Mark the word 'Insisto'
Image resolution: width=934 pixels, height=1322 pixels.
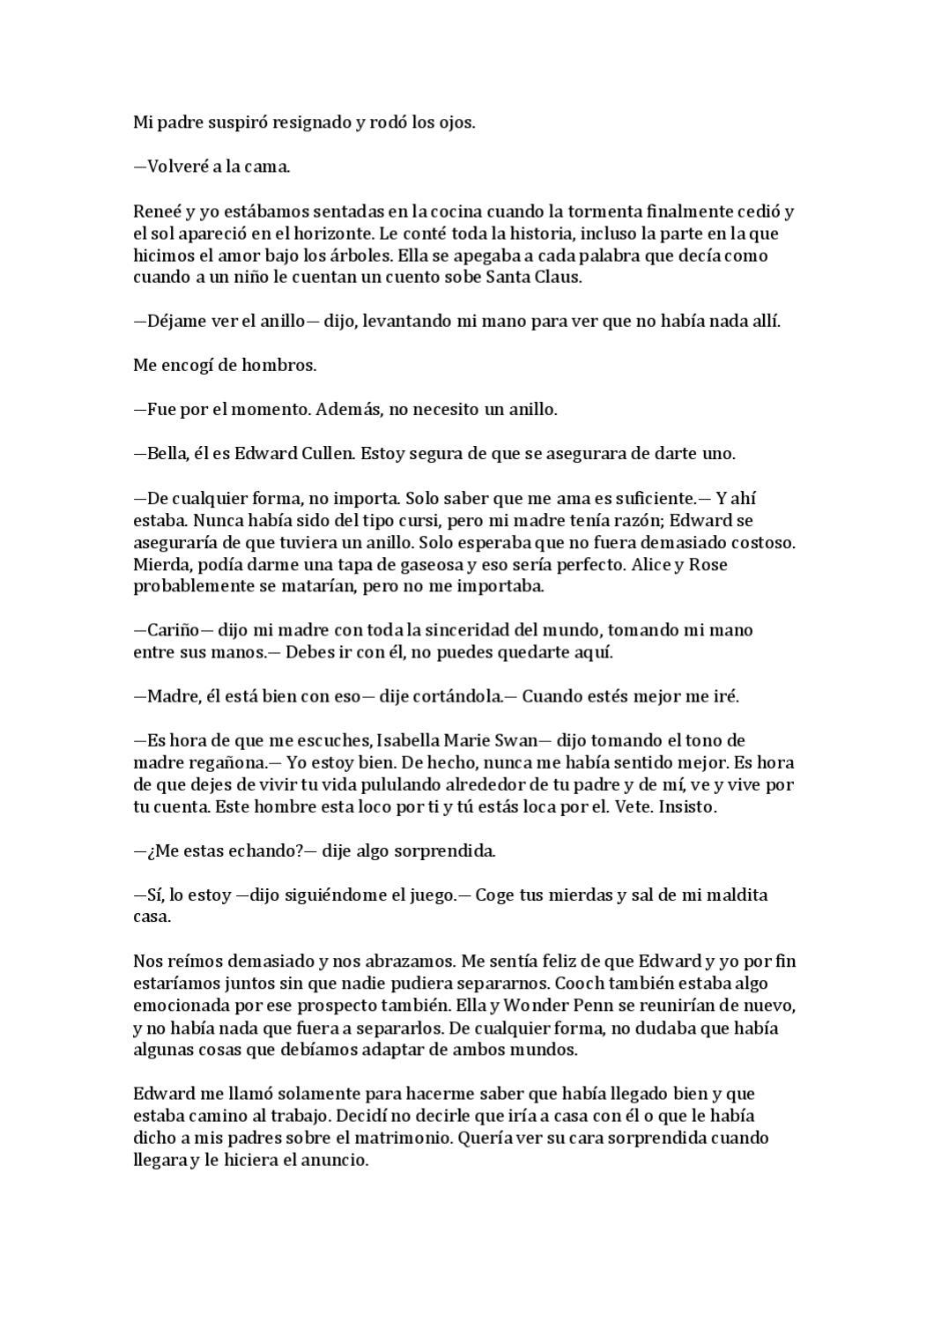coord(688,806)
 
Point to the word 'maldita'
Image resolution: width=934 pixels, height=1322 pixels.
coord(733,895)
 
